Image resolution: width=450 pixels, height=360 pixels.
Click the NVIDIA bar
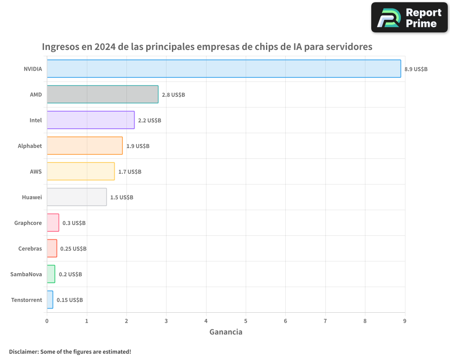point(224,69)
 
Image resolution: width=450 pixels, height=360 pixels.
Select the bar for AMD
point(103,94)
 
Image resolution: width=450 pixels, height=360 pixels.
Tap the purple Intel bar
point(90,120)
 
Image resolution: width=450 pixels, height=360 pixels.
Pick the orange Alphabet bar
point(85,146)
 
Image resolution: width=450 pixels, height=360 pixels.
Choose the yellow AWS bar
point(81,171)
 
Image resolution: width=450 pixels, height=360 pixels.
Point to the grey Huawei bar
point(76,197)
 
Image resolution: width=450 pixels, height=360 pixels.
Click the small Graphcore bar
point(53,223)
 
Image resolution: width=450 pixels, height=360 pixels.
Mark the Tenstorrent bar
point(50,300)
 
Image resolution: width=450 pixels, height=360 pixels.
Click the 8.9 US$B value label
point(416,69)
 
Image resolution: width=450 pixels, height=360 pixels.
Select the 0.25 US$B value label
point(73,249)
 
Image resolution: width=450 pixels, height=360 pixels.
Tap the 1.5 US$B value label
point(121,198)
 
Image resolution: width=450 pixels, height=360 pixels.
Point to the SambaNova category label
point(26,274)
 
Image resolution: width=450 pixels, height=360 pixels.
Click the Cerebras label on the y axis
point(30,248)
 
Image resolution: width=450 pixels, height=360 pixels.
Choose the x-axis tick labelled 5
point(246,321)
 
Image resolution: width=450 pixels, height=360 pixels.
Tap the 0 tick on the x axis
point(47,321)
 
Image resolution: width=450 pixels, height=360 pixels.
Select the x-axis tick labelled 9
point(405,321)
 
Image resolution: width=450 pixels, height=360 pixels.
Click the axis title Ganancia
point(226,332)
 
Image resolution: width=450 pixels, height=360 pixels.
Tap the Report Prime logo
point(409,18)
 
